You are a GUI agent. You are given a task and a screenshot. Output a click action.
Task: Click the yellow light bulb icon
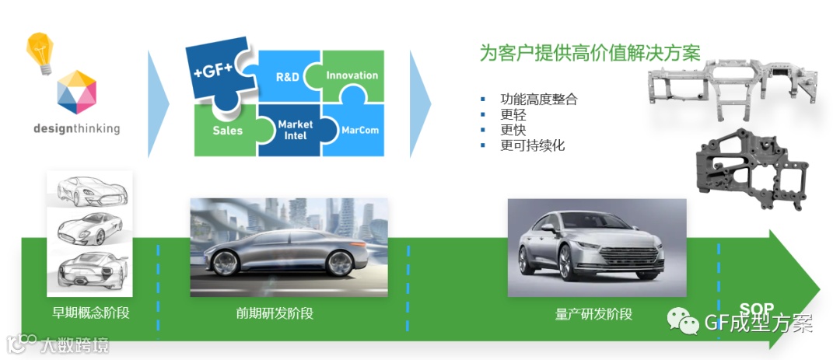click(40, 52)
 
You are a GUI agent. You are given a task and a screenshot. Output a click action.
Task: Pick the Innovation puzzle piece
click(352, 75)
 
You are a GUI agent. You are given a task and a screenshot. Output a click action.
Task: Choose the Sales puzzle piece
click(227, 130)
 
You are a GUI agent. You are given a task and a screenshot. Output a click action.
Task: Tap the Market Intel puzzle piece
click(295, 130)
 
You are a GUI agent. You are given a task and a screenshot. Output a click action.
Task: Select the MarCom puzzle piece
click(359, 130)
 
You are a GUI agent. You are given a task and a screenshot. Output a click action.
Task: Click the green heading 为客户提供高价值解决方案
click(590, 53)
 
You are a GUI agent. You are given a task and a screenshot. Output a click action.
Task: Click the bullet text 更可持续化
click(532, 145)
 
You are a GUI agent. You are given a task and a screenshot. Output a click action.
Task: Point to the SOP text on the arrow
click(756, 309)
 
